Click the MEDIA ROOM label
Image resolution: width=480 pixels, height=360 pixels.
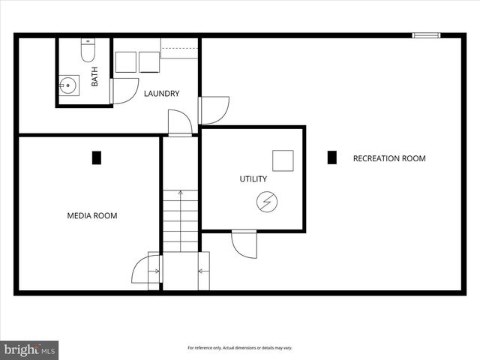pos(92,216)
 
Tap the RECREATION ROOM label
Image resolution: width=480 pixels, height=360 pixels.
pos(389,158)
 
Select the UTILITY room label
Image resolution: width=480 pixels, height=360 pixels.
pos(253,179)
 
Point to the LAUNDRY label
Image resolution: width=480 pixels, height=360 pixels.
pos(161,94)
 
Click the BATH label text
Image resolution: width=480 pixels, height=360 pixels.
pos(94,77)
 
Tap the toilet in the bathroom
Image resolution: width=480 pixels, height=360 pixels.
pos(86,51)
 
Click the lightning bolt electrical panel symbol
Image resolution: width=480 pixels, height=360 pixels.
pos(267,201)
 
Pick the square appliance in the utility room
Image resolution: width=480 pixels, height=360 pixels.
pos(283,160)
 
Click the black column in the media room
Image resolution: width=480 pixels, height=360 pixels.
pos(96,158)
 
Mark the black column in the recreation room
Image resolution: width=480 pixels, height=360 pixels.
pos(332,157)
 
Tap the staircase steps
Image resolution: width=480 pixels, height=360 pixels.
pos(181,220)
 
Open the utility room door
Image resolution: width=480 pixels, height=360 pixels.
pos(244,243)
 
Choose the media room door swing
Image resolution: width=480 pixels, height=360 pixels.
pos(146,270)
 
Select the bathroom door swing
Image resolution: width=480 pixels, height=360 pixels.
pos(123,90)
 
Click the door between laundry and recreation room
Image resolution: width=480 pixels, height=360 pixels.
pos(214,109)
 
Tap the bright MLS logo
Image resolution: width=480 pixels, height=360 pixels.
pos(30,349)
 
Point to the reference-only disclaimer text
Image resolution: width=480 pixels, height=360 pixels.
pos(239,348)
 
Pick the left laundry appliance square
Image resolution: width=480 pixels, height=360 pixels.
pos(125,62)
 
